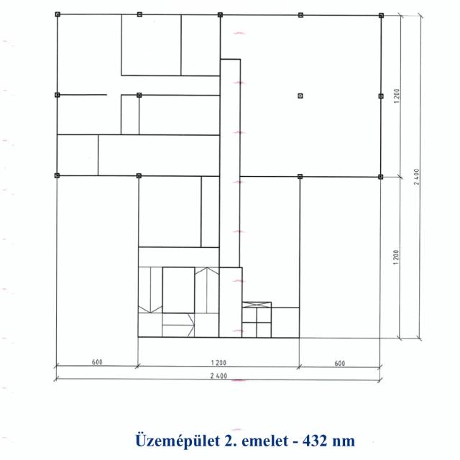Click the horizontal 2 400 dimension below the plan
pyautogui.click(x=218, y=376)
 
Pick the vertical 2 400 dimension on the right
pyautogui.click(x=417, y=177)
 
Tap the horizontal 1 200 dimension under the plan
pyautogui.click(x=218, y=363)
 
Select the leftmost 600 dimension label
pyautogui.click(x=97, y=362)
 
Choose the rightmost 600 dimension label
pyautogui.click(x=340, y=364)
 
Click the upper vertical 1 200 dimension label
pyautogui.click(x=397, y=96)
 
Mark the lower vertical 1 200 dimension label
pyautogui.click(x=396, y=257)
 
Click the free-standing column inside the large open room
pyautogui.click(x=300, y=96)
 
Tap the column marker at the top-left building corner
pyautogui.click(x=57, y=14)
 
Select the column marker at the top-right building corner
pyautogui.click(x=381, y=15)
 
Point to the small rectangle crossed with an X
pyautogui.click(x=257, y=305)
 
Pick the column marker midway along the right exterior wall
pyautogui.click(x=381, y=96)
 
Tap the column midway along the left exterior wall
pyautogui.click(x=57, y=95)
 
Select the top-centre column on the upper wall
pyautogui.click(x=220, y=14)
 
